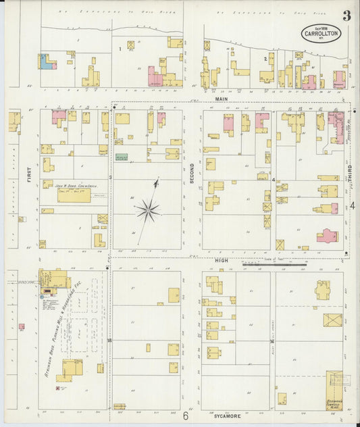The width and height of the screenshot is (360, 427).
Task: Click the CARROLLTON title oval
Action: pyautogui.click(x=321, y=33)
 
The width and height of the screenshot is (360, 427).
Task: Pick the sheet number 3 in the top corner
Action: pyautogui.click(x=346, y=16)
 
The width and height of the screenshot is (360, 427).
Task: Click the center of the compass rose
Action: pyautogui.click(x=147, y=211)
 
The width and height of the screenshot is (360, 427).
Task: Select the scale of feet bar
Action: pyautogui.click(x=274, y=264)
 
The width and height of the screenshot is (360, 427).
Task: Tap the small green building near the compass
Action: pyautogui.click(x=122, y=157)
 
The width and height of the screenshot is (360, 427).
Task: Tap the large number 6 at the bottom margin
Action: pyautogui.click(x=185, y=416)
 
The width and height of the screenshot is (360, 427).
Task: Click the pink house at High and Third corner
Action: pyautogui.click(x=327, y=236)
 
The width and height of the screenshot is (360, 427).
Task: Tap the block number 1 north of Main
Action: pyautogui.click(x=120, y=49)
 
